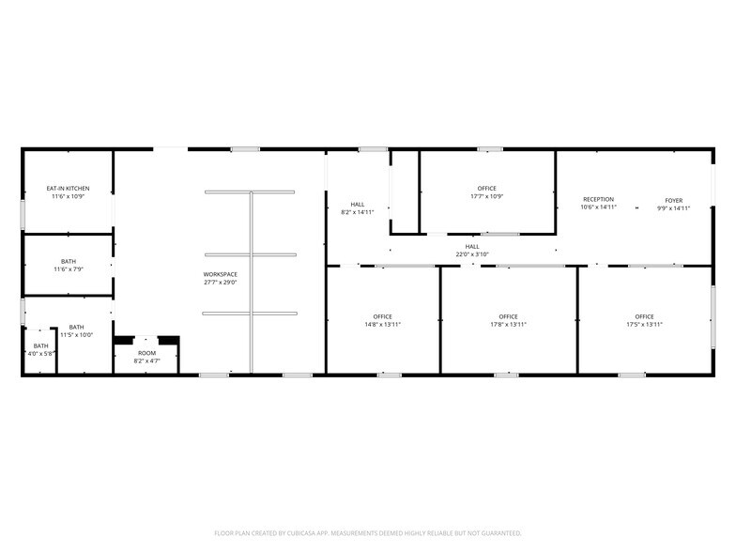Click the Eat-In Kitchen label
click(x=69, y=189)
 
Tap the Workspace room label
click(x=220, y=274)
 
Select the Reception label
click(x=598, y=199)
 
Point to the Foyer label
click(x=673, y=199)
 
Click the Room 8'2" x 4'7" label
click(x=146, y=353)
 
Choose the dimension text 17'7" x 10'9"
click(x=486, y=197)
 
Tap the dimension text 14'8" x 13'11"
click(x=382, y=325)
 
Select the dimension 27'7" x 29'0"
click(x=220, y=283)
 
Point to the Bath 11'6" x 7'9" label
click(x=69, y=262)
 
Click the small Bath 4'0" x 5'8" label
click(x=41, y=345)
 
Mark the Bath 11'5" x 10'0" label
click(x=76, y=327)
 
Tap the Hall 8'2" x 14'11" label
click(x=358, y=204)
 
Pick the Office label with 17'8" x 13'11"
click(x=508, y=316)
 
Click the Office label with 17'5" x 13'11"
click(x=644, y=316)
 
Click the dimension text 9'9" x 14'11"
click(x=673, y=207)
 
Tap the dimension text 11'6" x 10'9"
click(x=69, y=197)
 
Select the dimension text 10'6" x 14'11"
click(x=598, y=207)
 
